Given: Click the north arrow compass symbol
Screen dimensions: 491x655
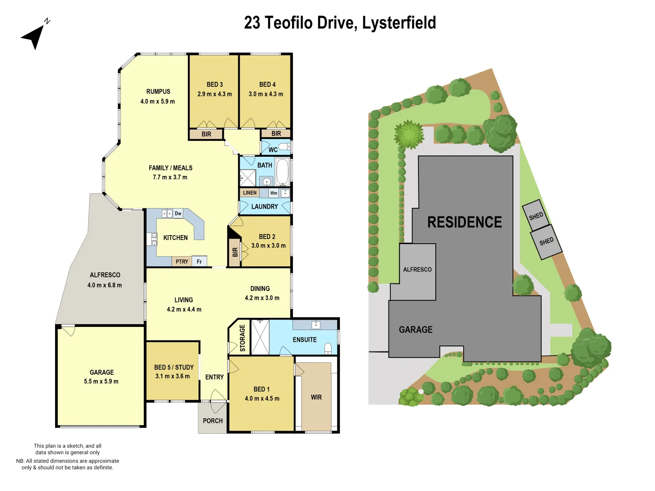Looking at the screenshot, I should [34, 35].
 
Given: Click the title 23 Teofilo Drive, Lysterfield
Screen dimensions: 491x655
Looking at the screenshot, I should [340, 23].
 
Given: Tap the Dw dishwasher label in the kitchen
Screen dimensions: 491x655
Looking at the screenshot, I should [178, 213].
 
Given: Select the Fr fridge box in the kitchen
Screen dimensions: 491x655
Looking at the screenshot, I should [199, 261].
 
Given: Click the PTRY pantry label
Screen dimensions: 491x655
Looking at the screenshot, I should [181, 261].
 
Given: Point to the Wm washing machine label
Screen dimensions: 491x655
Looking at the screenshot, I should [274, 193].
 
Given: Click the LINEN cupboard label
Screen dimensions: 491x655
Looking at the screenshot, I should [250, 193].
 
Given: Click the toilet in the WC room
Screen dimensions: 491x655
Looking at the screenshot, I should [284, 146].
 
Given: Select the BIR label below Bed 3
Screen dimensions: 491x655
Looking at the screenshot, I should [207, 134].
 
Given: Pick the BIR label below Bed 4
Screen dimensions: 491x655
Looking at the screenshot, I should [276, 134].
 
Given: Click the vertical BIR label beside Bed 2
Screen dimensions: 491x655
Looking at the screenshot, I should [235, 252].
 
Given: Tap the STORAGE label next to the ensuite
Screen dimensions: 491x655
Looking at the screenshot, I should [242, 338].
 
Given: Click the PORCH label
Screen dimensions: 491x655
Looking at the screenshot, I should [213, 421].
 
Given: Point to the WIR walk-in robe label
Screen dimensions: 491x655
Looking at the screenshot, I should [316, 397].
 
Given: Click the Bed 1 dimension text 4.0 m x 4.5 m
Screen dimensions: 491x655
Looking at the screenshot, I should [262, 399].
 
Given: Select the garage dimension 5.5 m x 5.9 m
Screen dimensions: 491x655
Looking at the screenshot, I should [101, 381].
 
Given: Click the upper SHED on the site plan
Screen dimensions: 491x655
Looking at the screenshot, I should [536, 215].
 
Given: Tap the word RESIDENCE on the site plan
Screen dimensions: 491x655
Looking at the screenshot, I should [464, 222].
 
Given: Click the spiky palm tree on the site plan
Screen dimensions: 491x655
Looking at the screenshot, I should [409, 134].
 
